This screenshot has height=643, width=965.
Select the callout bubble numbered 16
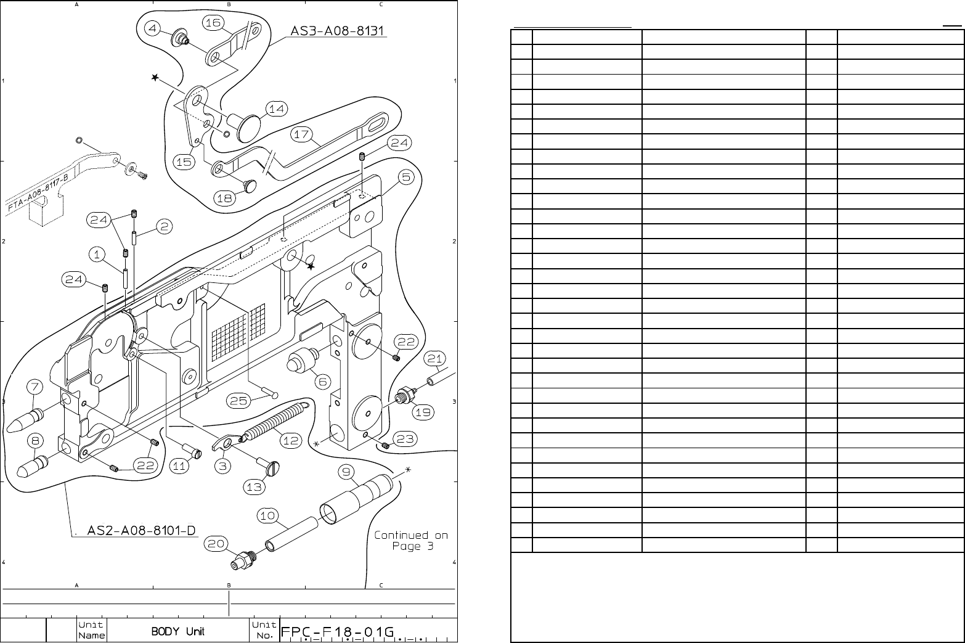[x=213, y=23]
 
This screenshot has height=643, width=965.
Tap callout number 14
[x=277, y=109]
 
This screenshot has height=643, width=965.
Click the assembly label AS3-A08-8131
[x=338, y=30]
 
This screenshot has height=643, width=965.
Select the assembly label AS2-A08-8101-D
[x=142, y=530]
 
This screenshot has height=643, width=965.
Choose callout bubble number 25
[x=238, y=401]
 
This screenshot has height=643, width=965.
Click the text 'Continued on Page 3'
[x=411, y=541]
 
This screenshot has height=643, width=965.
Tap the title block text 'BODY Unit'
[x=178, y=631]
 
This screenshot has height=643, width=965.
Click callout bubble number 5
[x=405, y=178]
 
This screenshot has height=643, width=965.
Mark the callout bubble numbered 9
[x=347, y=472]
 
